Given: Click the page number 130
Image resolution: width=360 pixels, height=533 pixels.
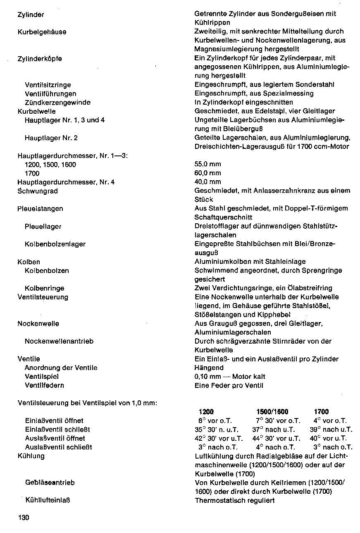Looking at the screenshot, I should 24,518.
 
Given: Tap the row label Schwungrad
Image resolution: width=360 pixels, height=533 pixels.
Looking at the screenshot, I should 38,191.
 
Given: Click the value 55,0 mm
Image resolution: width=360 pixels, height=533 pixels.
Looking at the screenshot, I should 207,164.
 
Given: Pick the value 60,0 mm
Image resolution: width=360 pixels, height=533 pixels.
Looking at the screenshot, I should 207,173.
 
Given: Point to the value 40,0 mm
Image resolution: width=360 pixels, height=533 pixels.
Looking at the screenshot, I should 207,182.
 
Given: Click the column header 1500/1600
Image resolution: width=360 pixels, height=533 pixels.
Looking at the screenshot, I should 272,412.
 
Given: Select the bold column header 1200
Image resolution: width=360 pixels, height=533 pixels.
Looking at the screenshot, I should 206,412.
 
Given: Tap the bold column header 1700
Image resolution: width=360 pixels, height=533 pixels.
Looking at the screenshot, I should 321,412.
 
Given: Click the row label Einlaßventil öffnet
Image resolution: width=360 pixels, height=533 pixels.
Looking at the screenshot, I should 54,421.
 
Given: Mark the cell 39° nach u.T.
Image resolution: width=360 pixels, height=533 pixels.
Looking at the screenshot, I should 331,430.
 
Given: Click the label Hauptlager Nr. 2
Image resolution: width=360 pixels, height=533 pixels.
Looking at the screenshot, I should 51,138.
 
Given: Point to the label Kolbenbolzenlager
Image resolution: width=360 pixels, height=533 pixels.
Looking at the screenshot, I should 55,244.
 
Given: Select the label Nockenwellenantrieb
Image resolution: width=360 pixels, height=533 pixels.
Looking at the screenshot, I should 59,341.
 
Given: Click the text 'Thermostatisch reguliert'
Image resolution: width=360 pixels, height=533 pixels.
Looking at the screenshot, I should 234,500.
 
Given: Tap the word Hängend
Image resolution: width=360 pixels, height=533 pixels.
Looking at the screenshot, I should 209,368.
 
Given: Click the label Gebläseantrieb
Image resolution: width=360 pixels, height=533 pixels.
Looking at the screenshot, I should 50,483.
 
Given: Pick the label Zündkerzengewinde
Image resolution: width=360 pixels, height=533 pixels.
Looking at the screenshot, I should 57,103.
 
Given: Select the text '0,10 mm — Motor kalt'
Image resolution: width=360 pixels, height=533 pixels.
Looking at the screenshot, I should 230,376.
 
